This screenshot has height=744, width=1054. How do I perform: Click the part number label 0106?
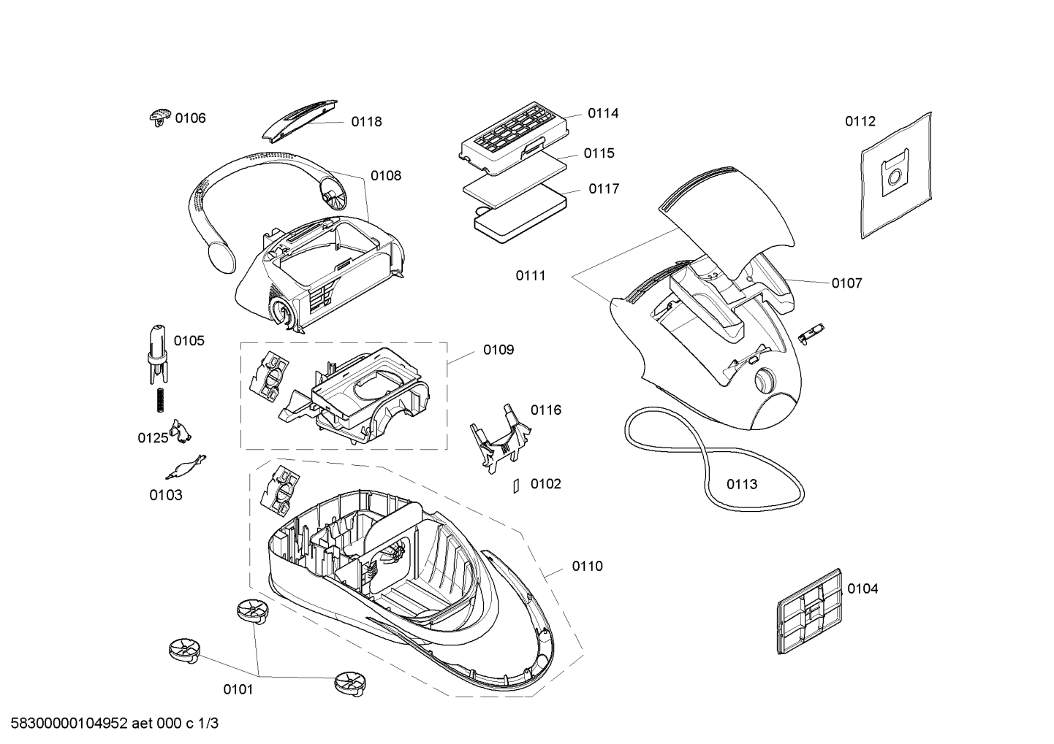[190, 118]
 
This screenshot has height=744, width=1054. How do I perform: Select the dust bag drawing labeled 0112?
[896, 175]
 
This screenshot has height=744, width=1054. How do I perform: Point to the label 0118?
[366, 122]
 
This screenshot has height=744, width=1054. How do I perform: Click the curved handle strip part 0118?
[300, 120]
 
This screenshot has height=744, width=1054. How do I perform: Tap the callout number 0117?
[604, 189]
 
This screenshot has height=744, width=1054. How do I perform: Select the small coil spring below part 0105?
[161, 400]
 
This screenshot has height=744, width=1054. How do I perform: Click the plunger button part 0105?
[158, 353]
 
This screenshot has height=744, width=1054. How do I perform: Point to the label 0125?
[153, 438]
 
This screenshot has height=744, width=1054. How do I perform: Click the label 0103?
[166, 495]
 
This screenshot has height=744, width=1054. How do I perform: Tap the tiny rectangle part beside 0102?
[516, 486]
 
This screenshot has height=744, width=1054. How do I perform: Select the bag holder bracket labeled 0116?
[500, 437]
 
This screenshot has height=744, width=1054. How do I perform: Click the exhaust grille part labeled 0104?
[808, 611]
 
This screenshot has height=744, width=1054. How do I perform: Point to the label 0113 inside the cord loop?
[742, 484]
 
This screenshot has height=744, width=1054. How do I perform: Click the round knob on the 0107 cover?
[765, 380]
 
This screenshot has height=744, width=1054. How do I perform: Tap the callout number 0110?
[587, 567]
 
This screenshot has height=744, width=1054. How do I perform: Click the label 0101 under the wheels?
[238, 689]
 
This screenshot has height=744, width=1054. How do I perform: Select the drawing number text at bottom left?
[115, 724]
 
